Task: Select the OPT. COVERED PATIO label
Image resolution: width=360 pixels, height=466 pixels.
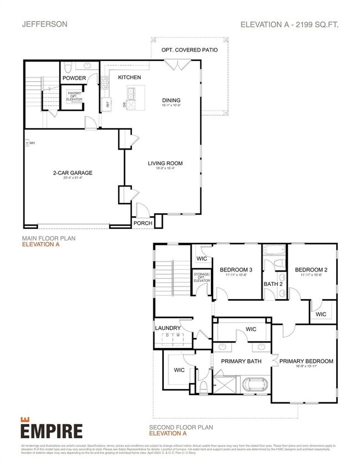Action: point(189,50)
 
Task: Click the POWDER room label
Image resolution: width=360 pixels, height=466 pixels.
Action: point(74,78)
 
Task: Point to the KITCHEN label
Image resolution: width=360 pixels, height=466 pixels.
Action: point(128,78)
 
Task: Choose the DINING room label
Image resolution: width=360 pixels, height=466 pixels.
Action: point(171,100)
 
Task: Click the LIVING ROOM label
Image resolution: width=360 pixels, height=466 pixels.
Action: point(165,163)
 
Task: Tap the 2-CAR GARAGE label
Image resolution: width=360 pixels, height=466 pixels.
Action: point(69,173)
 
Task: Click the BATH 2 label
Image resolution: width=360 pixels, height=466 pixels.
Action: point(273,284)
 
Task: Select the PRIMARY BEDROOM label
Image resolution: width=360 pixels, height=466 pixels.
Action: point(306,361)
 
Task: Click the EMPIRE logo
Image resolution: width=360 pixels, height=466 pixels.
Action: point(52,429)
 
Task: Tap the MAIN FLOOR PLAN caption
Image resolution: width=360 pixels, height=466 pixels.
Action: point(49,238)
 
